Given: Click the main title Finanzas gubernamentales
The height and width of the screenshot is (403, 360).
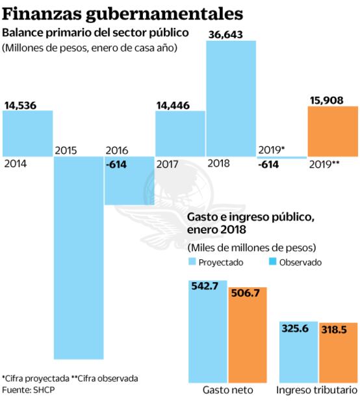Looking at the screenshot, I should click(x=123, y=13).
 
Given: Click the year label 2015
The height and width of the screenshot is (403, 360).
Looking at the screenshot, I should click(x=67, y=151).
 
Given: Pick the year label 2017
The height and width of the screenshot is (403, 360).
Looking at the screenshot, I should click(x=168, y=163).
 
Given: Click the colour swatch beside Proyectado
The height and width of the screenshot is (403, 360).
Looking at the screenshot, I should click(x=192, y=262).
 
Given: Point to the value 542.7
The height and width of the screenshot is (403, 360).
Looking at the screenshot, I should click(x=206, y=287).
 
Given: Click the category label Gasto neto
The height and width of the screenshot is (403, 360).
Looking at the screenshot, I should click(x=227, y=390).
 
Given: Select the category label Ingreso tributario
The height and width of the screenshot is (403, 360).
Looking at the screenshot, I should click(x=316, y=390).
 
